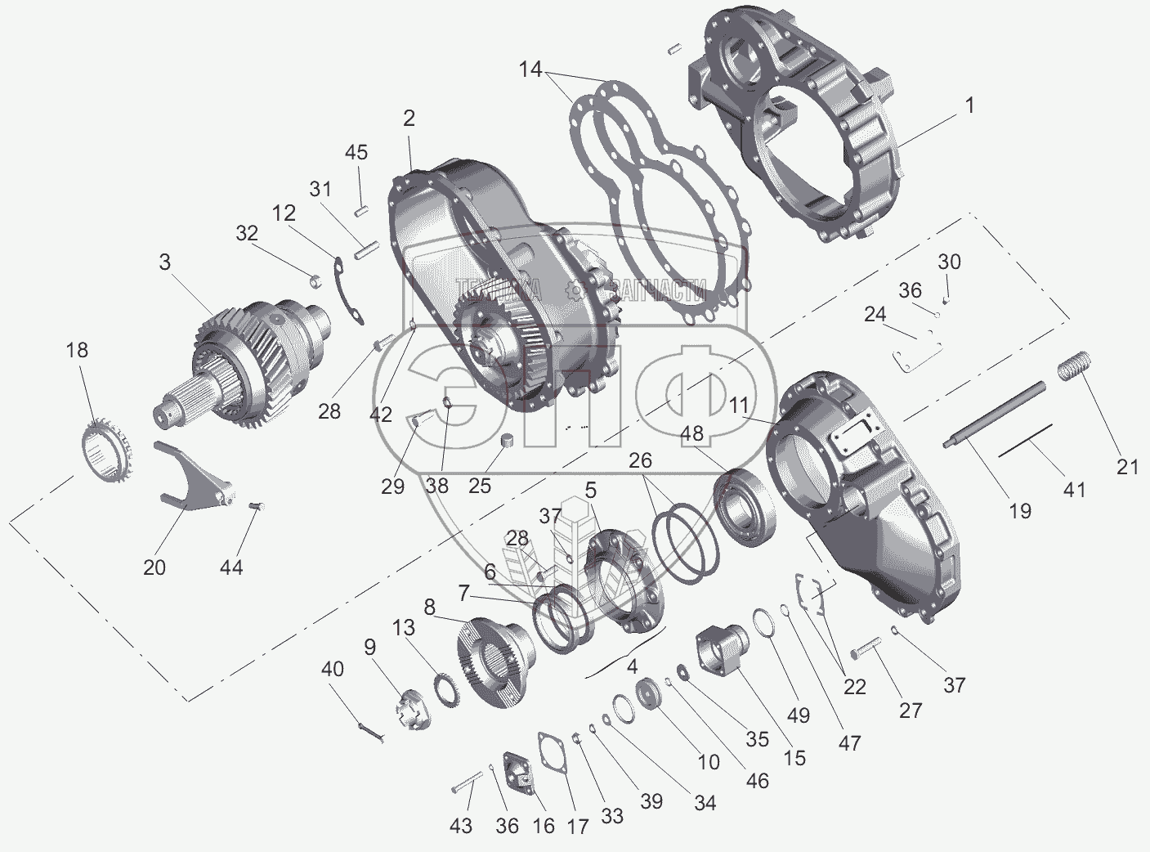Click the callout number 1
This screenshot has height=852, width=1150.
point(969,105)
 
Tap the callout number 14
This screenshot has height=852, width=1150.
point(530,70)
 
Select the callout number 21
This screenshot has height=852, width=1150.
point(1127,467)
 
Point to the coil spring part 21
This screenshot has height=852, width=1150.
point(1079,365)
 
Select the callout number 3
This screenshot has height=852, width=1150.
point(165,262)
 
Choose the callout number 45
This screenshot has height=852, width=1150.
point(356,152)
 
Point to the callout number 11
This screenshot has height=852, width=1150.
point(739,406)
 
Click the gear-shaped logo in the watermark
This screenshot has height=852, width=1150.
point(575,289)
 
